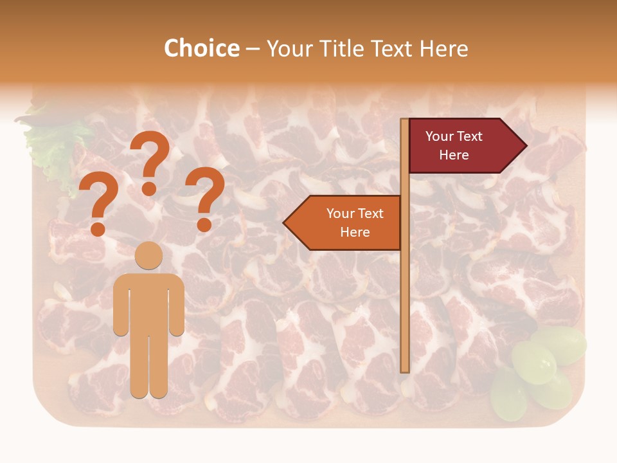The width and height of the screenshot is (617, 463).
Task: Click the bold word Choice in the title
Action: click(201, 48)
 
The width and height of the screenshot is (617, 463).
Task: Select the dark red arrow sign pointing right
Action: click(463, 146)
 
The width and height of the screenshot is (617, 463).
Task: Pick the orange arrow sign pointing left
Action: click(347, 222)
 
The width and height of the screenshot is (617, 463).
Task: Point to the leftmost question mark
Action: click(98, 206)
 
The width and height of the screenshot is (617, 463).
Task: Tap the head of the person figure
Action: click(149, 255)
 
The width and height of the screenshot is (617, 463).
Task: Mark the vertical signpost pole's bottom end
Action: click(405, 369)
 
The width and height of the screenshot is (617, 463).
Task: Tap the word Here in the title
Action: click(443, 49)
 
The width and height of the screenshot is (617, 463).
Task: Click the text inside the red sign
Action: click(454, 146)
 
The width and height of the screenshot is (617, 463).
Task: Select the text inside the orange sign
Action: click(355, 222)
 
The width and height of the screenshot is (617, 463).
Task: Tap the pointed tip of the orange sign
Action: click(285, 223)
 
